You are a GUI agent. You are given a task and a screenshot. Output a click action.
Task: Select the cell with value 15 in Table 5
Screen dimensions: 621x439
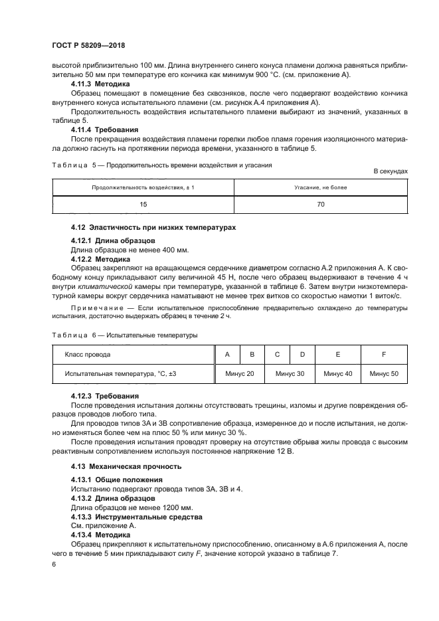pos(143,205)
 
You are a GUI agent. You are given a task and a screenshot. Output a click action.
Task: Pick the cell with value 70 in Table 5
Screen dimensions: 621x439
pos(320,205)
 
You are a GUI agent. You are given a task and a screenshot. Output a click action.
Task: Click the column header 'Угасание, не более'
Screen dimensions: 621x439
pos(320,187)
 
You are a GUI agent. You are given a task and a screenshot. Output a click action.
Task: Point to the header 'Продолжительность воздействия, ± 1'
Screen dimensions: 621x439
pos(143,187)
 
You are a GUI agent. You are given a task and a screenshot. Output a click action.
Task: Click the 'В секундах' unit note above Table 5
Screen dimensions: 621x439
pos(391,171)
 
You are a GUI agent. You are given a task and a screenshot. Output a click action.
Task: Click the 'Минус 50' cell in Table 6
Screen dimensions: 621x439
pos(384,374)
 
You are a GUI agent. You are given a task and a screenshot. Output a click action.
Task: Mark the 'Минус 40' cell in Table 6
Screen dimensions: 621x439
pos(338,374)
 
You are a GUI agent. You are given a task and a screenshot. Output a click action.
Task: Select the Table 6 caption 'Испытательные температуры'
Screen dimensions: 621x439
pos(155,335)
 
